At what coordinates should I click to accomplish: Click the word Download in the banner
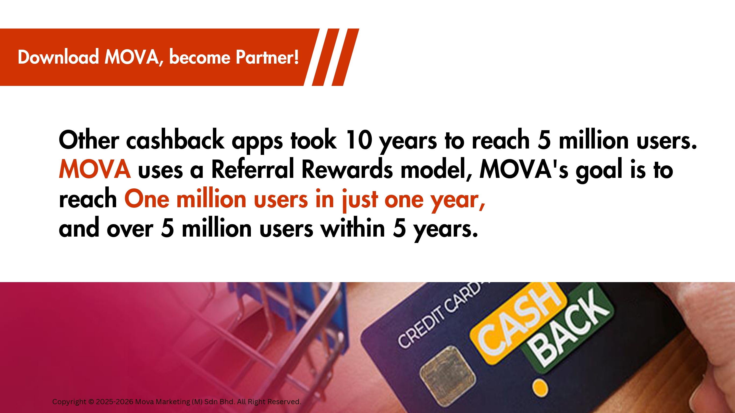pyautogui.click(x=58, y=57)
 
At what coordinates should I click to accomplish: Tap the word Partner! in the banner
pyautogui.click(x=267, y=57)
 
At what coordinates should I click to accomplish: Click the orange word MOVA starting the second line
pyautogui.click(x=95, y=169)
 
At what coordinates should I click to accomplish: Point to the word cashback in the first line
pyautogui.click(x=175, y=140)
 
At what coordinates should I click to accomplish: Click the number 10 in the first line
pyautogui.click(x=359, y=140)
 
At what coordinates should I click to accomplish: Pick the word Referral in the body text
pyautogui.click(x=253, y=169)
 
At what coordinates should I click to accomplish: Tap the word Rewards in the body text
pyautogui.click(x=347, y=169)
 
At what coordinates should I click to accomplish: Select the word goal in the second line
pyautogui.click(x=599, y=171)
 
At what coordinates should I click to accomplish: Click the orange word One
pyautogui.click(x=147, y=199)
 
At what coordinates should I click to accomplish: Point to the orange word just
pyautogui.click(x=360, y=200)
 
